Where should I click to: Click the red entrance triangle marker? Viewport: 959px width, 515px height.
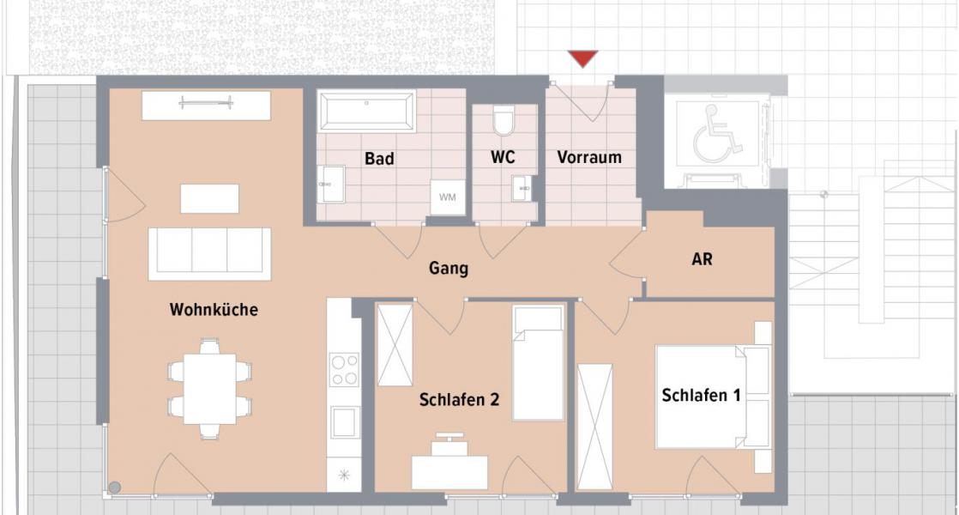coord(583,58)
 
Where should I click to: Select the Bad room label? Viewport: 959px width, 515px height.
coord(379,159)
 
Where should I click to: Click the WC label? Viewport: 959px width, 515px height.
coord(503,159)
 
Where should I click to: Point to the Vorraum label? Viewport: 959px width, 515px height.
coord(589,158)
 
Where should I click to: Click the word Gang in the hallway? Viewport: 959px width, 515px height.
coord(449,269)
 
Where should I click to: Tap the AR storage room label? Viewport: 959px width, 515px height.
coord(702,258)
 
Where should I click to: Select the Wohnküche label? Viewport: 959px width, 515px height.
coord(214,310)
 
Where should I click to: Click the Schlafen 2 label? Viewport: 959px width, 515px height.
coord(459,400)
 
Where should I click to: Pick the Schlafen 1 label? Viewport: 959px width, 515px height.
coord(701,395)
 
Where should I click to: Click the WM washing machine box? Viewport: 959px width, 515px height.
coord(448,198)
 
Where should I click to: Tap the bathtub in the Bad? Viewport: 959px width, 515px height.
coord(367,111)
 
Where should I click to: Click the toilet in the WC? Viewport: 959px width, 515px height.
coord(504,122)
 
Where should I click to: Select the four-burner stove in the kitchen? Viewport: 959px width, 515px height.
coord(345,369)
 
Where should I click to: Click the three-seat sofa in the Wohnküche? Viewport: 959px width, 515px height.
coord(209,253)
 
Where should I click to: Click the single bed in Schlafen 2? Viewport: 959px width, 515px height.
coord(538,363)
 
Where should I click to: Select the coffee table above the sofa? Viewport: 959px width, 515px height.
coord(209,198)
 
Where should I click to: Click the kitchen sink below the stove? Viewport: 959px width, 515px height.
coord(345,421)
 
